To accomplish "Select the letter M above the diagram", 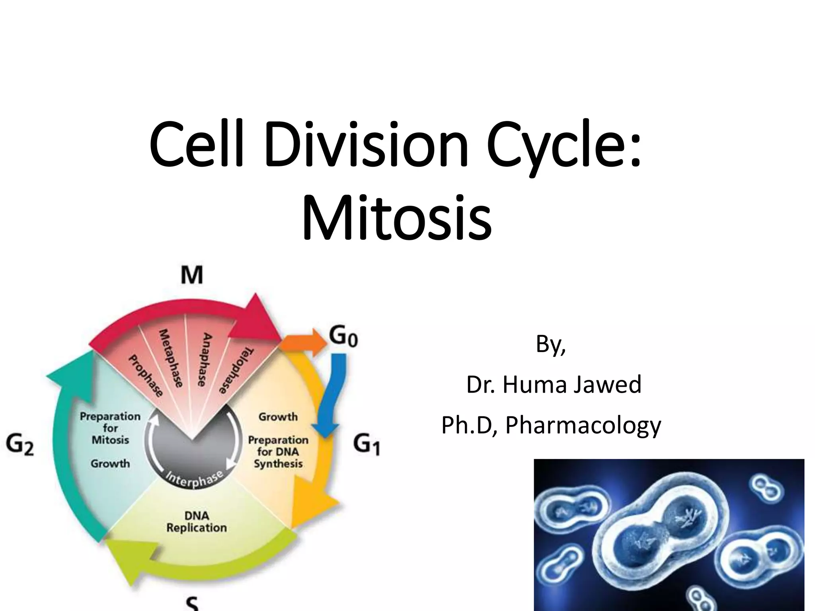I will (192, 275).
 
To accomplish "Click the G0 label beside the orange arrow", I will (343, 338).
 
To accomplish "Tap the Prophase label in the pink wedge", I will (146, 376).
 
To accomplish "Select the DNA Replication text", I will (197, 521).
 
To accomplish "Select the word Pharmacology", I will (583, 425).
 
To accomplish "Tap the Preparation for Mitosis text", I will (110, 428).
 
